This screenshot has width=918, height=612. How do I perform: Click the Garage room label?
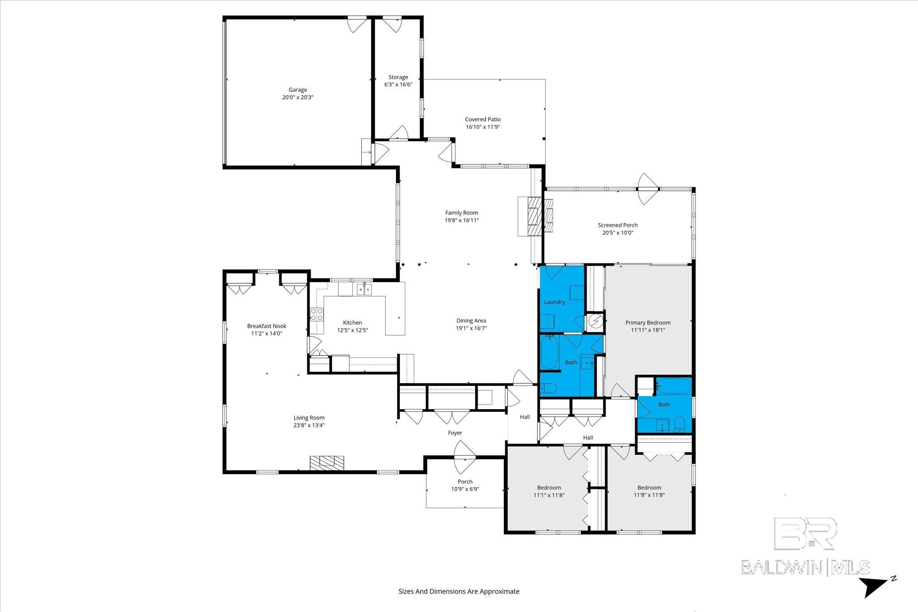pyautogui.click(x=298, y=90)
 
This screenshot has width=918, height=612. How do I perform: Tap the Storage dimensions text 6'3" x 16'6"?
pyautogui.click(x=398, y=85)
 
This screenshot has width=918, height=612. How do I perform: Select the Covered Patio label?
pyautogui.click(x=483, y=119)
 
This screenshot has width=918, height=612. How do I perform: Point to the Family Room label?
pyautogui.click(x=461, y=213)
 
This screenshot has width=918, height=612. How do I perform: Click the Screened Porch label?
pyautogui.click(x=618, y=225)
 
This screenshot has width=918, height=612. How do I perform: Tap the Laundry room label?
pyautogui.click(x=554, y=302)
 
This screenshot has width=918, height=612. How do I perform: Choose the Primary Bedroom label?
pyautogui.click(x=648, y=323)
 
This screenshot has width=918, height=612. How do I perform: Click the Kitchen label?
pyautogui.click(x=352, y=323)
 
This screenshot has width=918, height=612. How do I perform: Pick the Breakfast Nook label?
pyautogui.click(x=267, y=326)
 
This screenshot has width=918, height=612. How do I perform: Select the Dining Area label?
pyautogui.click(x=471, y=321)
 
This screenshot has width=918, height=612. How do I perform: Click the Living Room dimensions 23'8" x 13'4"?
pyautogui.click(x=309, y=425)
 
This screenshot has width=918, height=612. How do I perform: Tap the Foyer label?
pyautogui.click(x=455, y=433)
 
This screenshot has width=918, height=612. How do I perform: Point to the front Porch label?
pyautogui.click(x=465, y=482)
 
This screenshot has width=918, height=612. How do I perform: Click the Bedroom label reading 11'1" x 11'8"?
pyautogui.click(x=549, y=488)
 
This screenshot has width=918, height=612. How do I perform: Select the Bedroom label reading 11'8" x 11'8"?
pyautogui.click(x=649, y=488)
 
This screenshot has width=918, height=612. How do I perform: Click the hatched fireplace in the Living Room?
pyautogui.click(x=327, y=463)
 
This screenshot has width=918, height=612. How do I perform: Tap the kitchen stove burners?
pyautogui.click(x=317, y=314)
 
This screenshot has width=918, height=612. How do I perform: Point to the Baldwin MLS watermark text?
pyautogui.click(x=805, y=567)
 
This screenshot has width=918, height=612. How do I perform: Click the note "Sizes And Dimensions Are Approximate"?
pyautogui.click(x=459, y=591)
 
